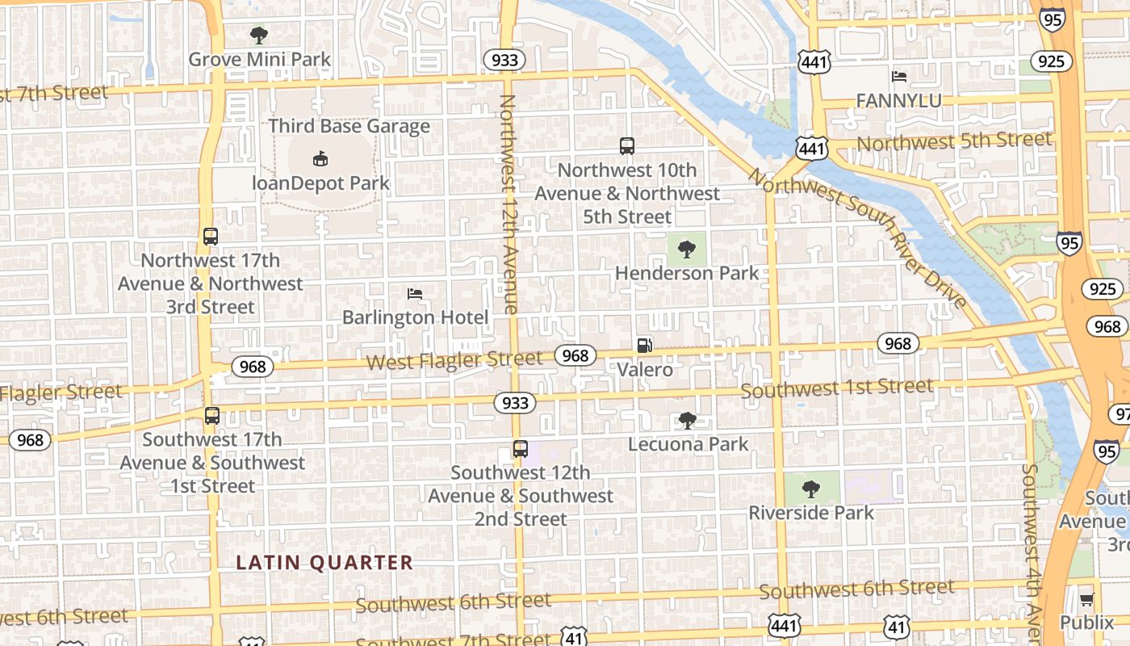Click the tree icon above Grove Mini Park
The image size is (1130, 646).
tap(259, 35)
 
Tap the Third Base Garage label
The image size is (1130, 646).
tap(349, 126)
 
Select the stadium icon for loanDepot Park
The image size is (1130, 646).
tap(320, 158)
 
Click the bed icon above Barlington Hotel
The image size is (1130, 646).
tap(415, 294)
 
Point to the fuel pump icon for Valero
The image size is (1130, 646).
tap(644, 346)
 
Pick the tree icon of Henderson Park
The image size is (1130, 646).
tap(687, 250)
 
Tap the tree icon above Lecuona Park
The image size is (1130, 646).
tap(688, 420)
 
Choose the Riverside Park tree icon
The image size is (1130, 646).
tap(811, 489)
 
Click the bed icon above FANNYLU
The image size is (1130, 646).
tap(899, 77)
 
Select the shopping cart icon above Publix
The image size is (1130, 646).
tap(1086, 598)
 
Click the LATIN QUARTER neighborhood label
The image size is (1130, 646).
tap(324, 563)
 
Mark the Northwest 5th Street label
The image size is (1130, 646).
tap(954, 142)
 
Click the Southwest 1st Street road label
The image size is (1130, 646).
tap(837, 388)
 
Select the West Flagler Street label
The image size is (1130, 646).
tap(454, 360)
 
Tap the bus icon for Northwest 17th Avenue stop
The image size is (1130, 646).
tap(211, 237)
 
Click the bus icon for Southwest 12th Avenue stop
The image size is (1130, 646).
tap(521, 449)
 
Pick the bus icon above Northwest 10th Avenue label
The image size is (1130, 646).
tap(627, 146)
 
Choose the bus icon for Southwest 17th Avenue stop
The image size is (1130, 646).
tap(212, 416)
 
